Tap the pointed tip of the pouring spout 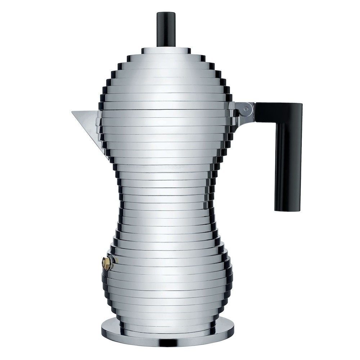(73, 112)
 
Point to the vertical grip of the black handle (288, 162)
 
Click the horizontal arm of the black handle (274, 110)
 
